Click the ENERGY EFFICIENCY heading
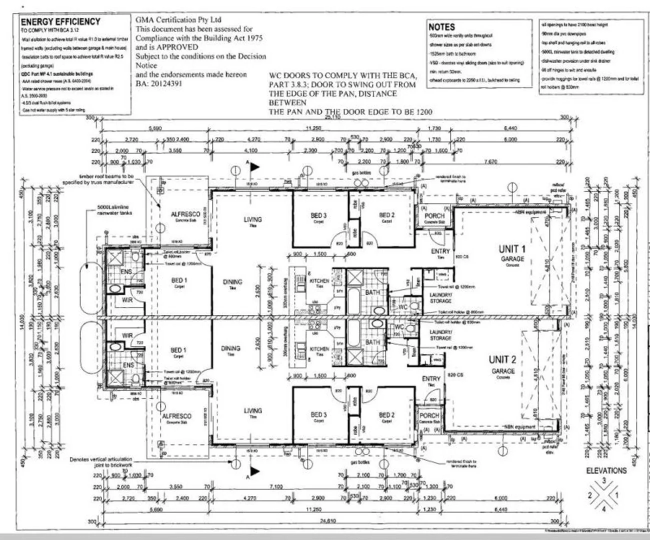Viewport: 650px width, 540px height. click(x=60, y=21)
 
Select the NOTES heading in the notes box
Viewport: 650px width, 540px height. click(x=441, y=27)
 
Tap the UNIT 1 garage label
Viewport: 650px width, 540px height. click(x=512, y=249)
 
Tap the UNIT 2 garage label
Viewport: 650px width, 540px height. click(x=502, y=359)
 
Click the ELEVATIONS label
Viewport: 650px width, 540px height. click(x=606, y=470)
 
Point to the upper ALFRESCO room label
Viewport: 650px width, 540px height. click(x=185, y=214)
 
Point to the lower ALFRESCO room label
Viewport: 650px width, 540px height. click(x=176, y=416)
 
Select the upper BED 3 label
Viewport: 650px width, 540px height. click(x=318, y=215)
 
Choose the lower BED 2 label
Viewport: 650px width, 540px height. click(x=386, y=415)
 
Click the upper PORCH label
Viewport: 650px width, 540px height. click(x=434, y=216)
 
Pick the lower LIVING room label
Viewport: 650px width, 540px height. click(x=252, y=410)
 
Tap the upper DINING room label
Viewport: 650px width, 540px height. click(x=232, y=282)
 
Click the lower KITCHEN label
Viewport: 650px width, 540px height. click(x=319, y=349)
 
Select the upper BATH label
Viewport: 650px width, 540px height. click(x=372, y=292)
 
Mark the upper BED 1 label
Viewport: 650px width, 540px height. click(x=178, y=280)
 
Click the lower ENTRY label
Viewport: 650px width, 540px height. click(x=430, y=379)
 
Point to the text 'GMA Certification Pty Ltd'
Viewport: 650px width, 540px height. click(x=178, y=20)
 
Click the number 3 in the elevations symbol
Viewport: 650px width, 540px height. click(x=603, y=480)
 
